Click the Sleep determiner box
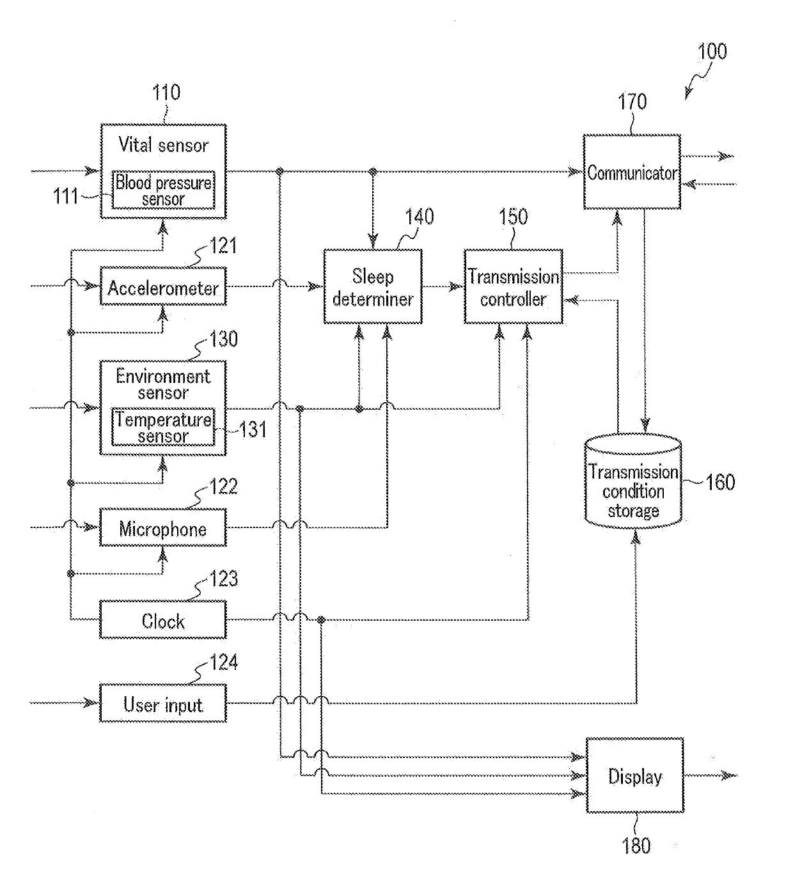373,286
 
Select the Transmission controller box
514,286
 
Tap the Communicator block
632,172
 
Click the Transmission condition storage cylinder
633,481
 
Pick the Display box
635,775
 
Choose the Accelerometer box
163,286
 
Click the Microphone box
163,527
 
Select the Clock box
163,619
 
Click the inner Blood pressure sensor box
163,190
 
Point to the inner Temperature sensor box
163,427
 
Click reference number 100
712,52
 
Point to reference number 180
636,845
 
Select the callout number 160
720,482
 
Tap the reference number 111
66,196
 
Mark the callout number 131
253,429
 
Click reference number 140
419,217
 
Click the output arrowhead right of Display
730,775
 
